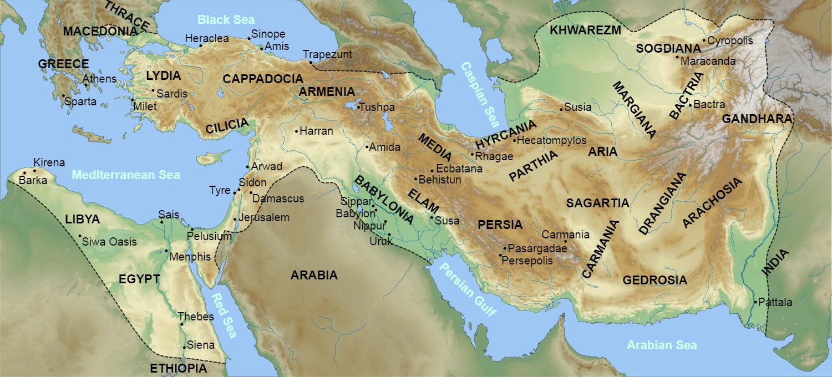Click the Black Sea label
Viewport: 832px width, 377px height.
coord(226,20)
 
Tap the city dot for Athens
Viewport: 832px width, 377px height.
coord(87,85)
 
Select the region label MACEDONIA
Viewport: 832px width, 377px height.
coord(100,31)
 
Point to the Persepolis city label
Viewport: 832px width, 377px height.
coord(527,260)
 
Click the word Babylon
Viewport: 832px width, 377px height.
coord(355,213)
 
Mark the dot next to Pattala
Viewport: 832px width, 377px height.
coord(755,302)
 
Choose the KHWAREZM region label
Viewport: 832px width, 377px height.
coord(585,30)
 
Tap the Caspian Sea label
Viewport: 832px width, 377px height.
coord(480,94)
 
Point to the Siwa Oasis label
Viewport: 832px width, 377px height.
coord(109,242)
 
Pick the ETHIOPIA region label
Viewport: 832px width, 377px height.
coord(178,368)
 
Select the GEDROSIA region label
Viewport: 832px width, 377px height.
coord(655,281)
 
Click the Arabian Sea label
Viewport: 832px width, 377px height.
coord(662,345)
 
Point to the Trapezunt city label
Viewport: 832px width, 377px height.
coord(327,54)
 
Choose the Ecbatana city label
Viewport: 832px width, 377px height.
coord(459,169)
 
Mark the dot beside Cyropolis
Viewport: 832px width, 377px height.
coord(704,40)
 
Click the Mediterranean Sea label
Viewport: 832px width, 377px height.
coord(126,175)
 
